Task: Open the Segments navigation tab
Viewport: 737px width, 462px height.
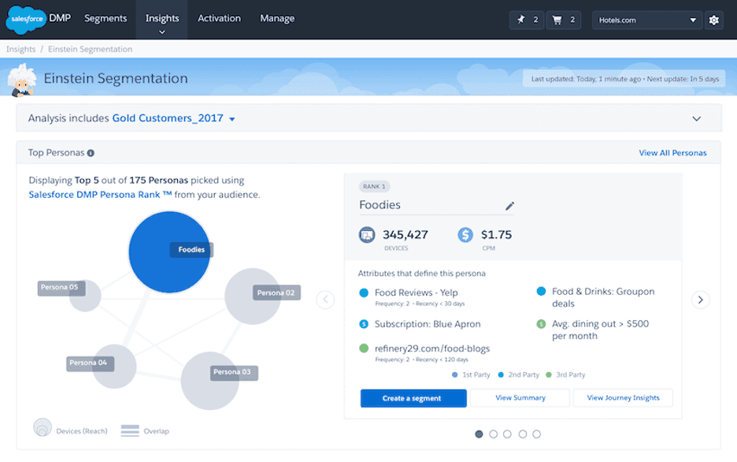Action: click(x=106, y=19)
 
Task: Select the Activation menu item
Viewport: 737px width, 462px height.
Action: click(x=219, y=19)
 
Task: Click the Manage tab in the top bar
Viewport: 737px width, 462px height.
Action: click(x=277, y=19)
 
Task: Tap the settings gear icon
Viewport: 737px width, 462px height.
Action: click(x=714, y=20)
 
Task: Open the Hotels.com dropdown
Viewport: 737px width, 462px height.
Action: click(x=647, y=20)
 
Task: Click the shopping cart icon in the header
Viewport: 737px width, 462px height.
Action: click(x=557, y=20)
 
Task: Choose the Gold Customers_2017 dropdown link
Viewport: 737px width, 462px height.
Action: click(x=173, y=118)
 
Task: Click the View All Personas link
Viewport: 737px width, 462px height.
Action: click(x=672, y=153)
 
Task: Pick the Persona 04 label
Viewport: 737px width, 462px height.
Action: click(x=88, y=363)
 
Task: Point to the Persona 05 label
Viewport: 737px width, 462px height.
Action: click(x=61, y=288)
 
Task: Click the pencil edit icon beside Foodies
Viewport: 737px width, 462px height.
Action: click(x=509, y=207)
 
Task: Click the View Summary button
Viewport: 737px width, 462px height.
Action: click(x=520, y=398)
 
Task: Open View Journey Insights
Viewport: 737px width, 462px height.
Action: click(x=623, y=398)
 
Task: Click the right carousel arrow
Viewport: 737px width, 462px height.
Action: click(x=700, y=300)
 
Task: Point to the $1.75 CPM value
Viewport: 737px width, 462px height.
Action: click(x=495, y=234)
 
